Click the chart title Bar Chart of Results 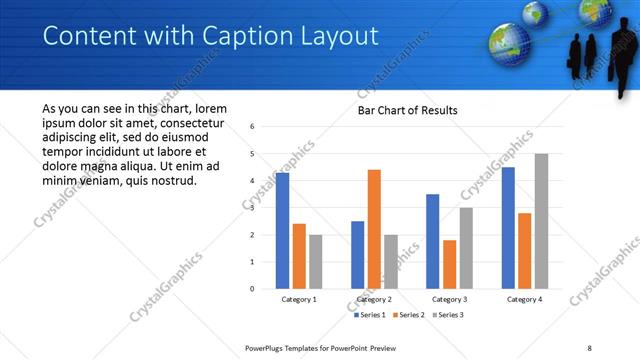point(408,110)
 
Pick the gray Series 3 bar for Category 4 point(541,221)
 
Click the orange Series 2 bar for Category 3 point(449,264)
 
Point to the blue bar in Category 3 point(432,241)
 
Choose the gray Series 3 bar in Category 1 point(315,261)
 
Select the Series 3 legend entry point(446,315)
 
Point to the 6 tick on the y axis point(253,127)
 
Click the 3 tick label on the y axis point(253,208)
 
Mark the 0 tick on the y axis point(253,289)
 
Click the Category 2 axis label point(374,299)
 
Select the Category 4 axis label point(524,299)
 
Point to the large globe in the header point(508,43)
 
